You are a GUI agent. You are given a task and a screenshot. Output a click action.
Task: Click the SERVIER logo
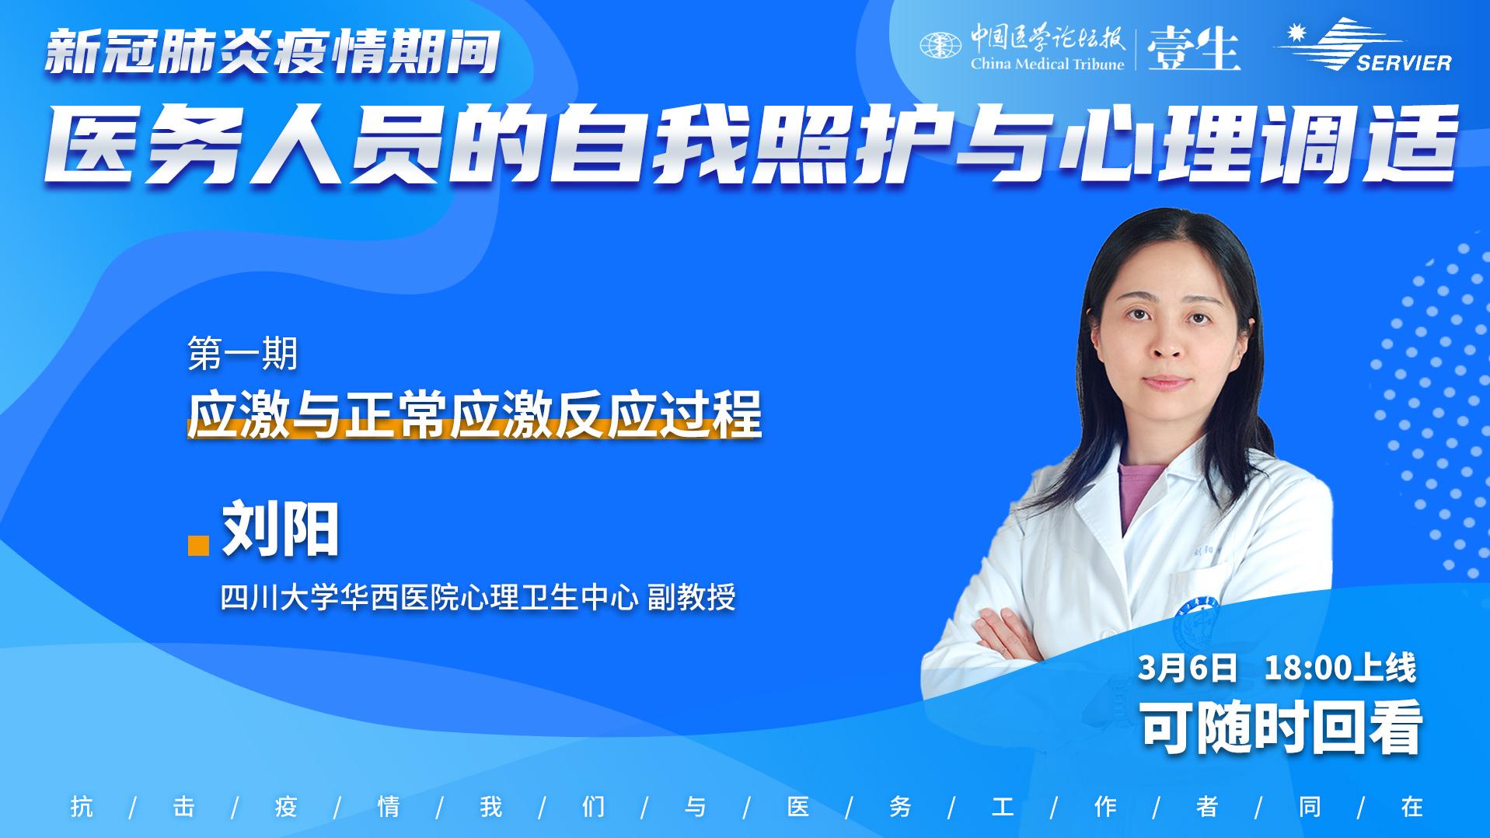click(1362, 45)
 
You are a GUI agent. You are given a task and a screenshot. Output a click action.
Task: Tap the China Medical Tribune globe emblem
click(940, 45)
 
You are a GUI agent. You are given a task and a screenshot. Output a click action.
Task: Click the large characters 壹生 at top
click(1193, 47)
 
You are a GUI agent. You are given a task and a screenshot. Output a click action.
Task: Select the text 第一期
click(243, 354)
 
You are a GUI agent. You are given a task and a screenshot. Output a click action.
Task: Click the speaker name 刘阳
click(281, 531)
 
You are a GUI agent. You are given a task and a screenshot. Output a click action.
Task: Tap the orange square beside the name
click(199, 545)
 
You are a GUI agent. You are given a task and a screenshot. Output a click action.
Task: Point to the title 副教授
click(692, 598)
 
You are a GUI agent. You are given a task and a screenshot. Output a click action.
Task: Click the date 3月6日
click(1187, 668)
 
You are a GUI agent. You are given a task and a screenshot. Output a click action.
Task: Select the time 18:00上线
click(1341, 668)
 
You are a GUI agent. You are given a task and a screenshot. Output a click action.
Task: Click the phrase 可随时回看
click(1281, 727)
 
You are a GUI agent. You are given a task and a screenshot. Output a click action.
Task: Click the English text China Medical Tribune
click(1047, 64)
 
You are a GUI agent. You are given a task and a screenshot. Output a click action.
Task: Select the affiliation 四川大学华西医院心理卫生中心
click(430, 598)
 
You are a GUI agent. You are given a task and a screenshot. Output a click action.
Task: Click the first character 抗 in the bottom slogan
click(82, 806)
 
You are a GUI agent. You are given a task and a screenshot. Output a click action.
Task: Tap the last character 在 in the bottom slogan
click(1412, 806)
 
